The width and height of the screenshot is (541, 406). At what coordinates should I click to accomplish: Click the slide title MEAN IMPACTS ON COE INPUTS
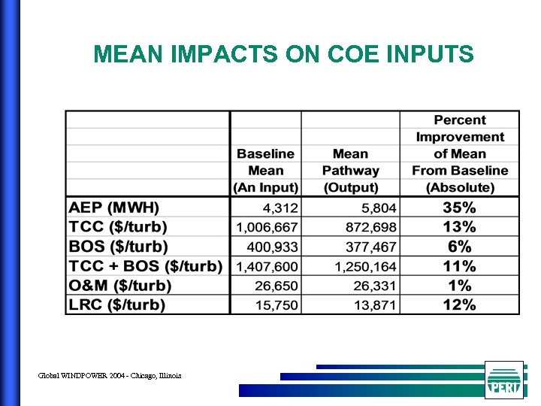(x=283, y=54)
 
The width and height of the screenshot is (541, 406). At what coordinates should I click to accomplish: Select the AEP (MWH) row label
(x=114, y=208)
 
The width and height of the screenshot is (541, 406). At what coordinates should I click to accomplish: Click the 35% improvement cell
(x=459, y=208)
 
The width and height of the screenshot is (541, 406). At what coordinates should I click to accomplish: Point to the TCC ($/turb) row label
(x=118, y=227)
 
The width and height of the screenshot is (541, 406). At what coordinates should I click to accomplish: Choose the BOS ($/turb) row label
(x=118, y=247)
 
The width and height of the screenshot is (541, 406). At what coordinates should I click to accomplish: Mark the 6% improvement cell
(x=459, y=247)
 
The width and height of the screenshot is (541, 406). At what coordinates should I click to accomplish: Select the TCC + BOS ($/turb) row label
(x=146, y=266)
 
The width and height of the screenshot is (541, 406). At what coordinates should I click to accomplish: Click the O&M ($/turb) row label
(x=120, y=286)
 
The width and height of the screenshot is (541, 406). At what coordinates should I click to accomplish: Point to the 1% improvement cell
(x=459, y=286)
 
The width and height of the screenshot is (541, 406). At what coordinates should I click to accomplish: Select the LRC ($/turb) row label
(x=117, y=304)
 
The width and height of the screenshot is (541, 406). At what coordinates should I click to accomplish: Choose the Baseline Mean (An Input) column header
(x=266, y=171)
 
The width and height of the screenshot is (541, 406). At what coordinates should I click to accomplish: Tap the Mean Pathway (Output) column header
(x=350, y=171)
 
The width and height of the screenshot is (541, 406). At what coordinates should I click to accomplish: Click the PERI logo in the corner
(x=503, y=380)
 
